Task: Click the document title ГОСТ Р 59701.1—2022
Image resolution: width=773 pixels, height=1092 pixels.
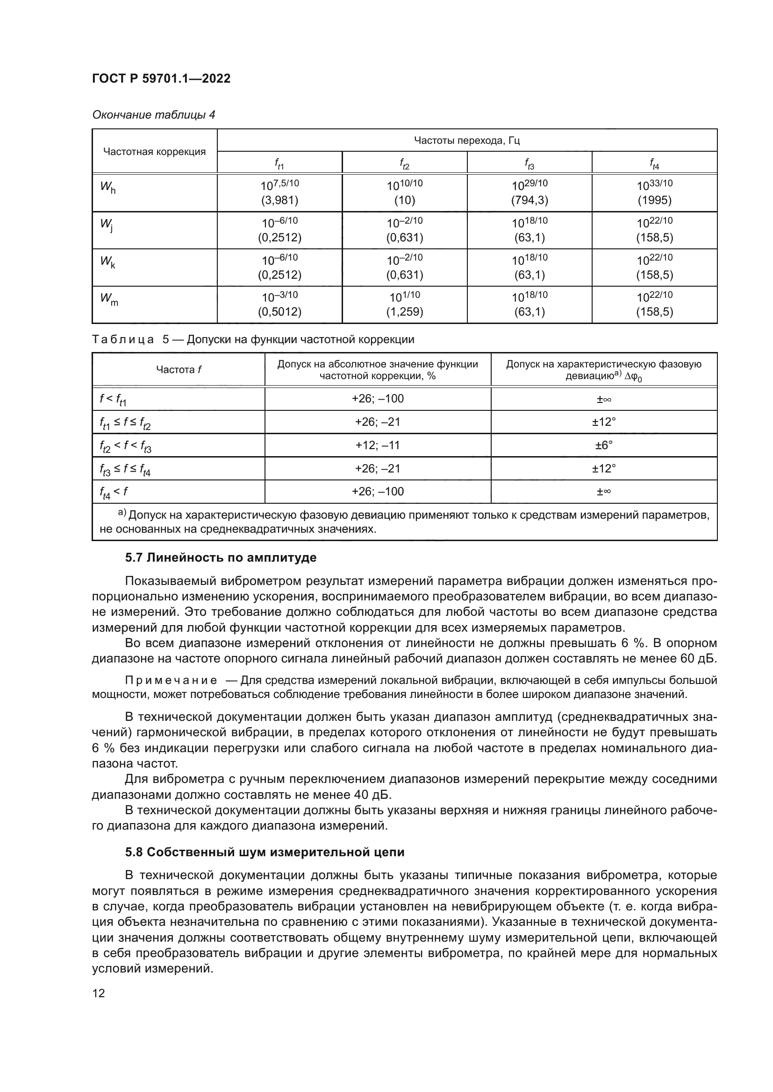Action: pyautogui.click(x=161, y=78)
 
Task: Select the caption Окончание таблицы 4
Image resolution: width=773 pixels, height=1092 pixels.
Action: pyautogui.click(x=153, y=115)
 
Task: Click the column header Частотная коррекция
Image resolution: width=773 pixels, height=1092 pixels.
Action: pyautogui.click(x=154, y=152)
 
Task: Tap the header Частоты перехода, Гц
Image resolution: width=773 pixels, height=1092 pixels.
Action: pyautogui.click(x=466, y=141)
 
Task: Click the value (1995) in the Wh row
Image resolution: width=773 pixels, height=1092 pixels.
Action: pyautogui.click(x=654, y=200)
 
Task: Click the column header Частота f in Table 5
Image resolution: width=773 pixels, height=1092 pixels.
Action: pyautogui.click(x=179, y=370)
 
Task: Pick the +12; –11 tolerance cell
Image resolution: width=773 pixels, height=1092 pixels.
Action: pyautogui.click(x=378, y=445)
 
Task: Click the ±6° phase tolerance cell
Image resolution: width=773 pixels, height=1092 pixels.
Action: pyautogui.click(x=603, y=445)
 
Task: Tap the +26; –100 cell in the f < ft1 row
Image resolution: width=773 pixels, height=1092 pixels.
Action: pyautogui.click(x=378, y=399)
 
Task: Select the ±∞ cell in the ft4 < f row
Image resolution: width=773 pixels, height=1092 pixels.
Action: pyautogui.click(x=603, y=491)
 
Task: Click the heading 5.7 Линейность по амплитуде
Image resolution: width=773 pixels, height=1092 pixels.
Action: pyautogui.click(x=221, y=557)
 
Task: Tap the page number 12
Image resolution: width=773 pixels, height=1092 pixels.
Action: pyautogui.click(x=99, y=993)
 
